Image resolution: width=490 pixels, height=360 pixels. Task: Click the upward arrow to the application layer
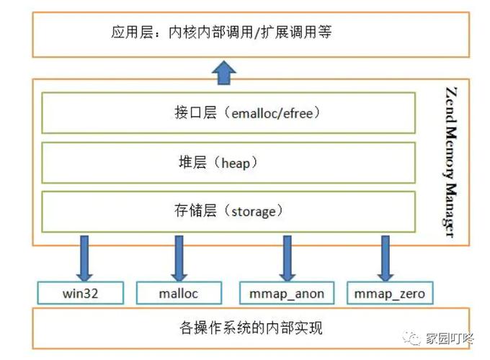pos(226,71)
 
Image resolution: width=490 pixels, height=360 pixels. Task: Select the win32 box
pos(80,293)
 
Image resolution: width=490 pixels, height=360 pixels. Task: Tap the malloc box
pos(178,293)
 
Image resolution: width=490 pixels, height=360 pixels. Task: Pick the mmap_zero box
pos(390,293)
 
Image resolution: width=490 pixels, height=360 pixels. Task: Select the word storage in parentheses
pos(251,212)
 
